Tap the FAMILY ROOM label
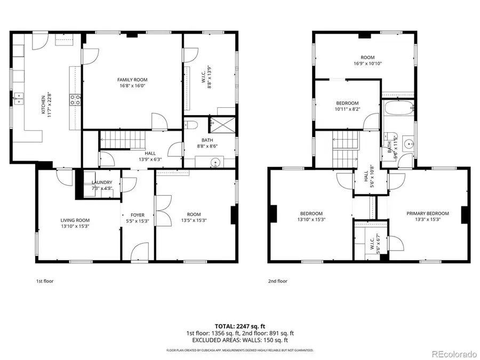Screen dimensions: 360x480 pos(132,80)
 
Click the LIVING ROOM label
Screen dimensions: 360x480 pos(75,220)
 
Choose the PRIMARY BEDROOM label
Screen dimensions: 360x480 pos(428,213)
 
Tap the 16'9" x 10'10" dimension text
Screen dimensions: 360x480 pos(367,63)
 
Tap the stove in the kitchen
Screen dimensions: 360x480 pos(75,99)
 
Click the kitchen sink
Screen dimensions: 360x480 pos(20,98)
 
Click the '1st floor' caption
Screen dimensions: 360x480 pos(45,281)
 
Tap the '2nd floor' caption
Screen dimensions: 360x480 pos(278,281)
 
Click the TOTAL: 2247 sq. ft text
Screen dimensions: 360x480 pos(240,325)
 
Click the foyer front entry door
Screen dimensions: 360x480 pos(140,252)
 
